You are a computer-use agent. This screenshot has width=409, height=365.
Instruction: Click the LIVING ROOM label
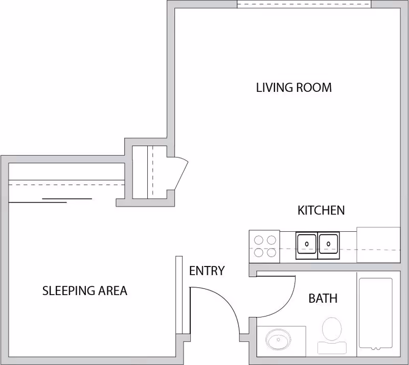(293, 87)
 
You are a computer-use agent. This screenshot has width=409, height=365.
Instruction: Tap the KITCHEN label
(321, 210)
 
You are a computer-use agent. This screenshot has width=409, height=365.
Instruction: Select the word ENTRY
(207, 271)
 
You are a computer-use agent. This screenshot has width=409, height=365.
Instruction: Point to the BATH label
(323, 298)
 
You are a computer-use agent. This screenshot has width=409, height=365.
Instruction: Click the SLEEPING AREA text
(85, 291)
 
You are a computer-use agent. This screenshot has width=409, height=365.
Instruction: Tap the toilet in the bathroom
(332, 336)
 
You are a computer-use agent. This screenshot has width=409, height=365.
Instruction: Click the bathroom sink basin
(278, 340)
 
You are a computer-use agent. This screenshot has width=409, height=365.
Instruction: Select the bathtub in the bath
(376, 313)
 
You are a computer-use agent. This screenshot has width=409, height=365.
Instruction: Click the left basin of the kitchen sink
(307, 244)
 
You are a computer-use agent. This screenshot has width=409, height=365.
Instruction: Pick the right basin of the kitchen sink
(328, 244)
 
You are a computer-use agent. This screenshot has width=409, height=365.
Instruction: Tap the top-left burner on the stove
(259, 240)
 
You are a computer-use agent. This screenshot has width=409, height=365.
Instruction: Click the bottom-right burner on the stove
(271, 253)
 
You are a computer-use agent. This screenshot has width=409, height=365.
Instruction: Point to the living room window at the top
(304, 4)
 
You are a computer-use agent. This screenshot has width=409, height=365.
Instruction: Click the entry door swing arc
(224, 300)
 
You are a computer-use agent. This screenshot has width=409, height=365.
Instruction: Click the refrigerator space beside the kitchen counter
(378, 245)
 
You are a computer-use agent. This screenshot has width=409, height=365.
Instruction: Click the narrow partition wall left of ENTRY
(179, 295)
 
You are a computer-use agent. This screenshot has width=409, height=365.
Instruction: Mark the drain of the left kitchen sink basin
(307, 244)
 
